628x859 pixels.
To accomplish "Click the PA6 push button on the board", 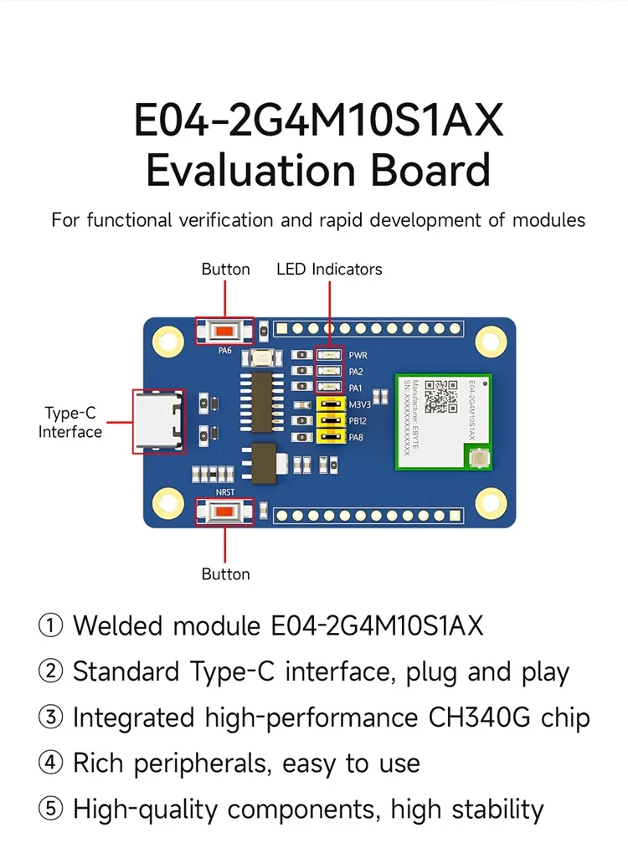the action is point(224,330).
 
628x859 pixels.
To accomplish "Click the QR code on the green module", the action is point(441,397).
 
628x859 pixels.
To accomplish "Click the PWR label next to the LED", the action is point(358,356).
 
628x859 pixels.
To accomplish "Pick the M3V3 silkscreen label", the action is point(360,404).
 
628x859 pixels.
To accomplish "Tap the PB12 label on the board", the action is point(358,420).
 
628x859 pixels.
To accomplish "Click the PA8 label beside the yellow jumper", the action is point(356,437).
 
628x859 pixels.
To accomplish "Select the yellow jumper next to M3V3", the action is point(330,404).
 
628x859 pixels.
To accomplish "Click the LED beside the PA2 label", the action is point(330,371).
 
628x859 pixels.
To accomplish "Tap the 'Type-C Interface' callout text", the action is point(70,422).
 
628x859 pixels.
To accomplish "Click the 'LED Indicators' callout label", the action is point(329,270).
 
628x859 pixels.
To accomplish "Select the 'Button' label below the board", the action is point(225,574).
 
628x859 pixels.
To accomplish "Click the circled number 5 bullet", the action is point(51,810).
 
